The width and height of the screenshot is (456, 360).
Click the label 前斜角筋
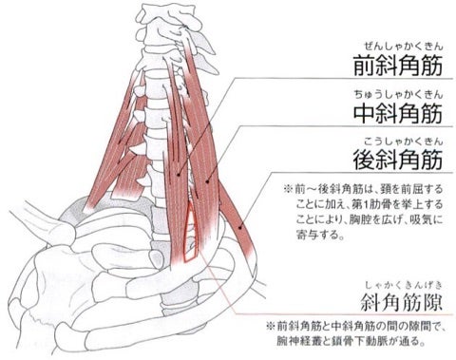click(398, 66)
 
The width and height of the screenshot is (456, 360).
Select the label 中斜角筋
click(398, 113)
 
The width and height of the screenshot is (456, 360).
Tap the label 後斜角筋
click(398, 161)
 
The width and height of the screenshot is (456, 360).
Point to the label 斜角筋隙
click(402, 302)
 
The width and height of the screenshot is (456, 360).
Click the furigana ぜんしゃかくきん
click(403, 47)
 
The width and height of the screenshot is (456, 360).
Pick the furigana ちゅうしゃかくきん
click(398, 94)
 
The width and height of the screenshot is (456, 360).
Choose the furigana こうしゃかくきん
click(403, 142)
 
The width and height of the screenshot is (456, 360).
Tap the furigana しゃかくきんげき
click(403, 285)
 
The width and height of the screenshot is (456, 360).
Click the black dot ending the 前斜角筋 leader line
click(179, 175)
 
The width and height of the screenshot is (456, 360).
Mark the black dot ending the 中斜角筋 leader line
click(207, 181)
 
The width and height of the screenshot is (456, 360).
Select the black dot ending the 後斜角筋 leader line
click(240, 227)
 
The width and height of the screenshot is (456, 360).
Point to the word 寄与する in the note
click(320, 235)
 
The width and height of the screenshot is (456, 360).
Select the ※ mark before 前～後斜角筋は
click(288, 189)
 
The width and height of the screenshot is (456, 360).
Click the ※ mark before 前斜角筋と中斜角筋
click(270, 326)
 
